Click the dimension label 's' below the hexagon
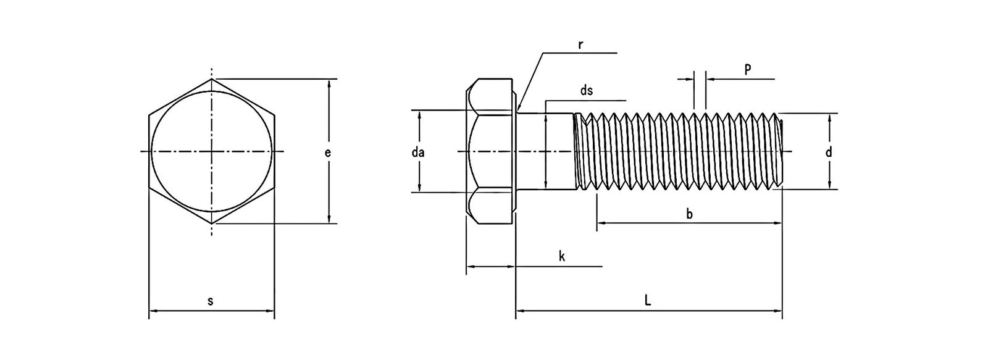click(210, 301)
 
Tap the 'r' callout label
click(580, 45)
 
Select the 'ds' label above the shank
click(586, 91)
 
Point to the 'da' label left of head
click(417, 152)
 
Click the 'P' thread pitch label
click(747, 69)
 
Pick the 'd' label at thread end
click(829, 151)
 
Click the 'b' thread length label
click(690, 214)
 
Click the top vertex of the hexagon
click(212, 79)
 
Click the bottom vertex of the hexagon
click(212, 223)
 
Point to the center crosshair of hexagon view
click(212, 151)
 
